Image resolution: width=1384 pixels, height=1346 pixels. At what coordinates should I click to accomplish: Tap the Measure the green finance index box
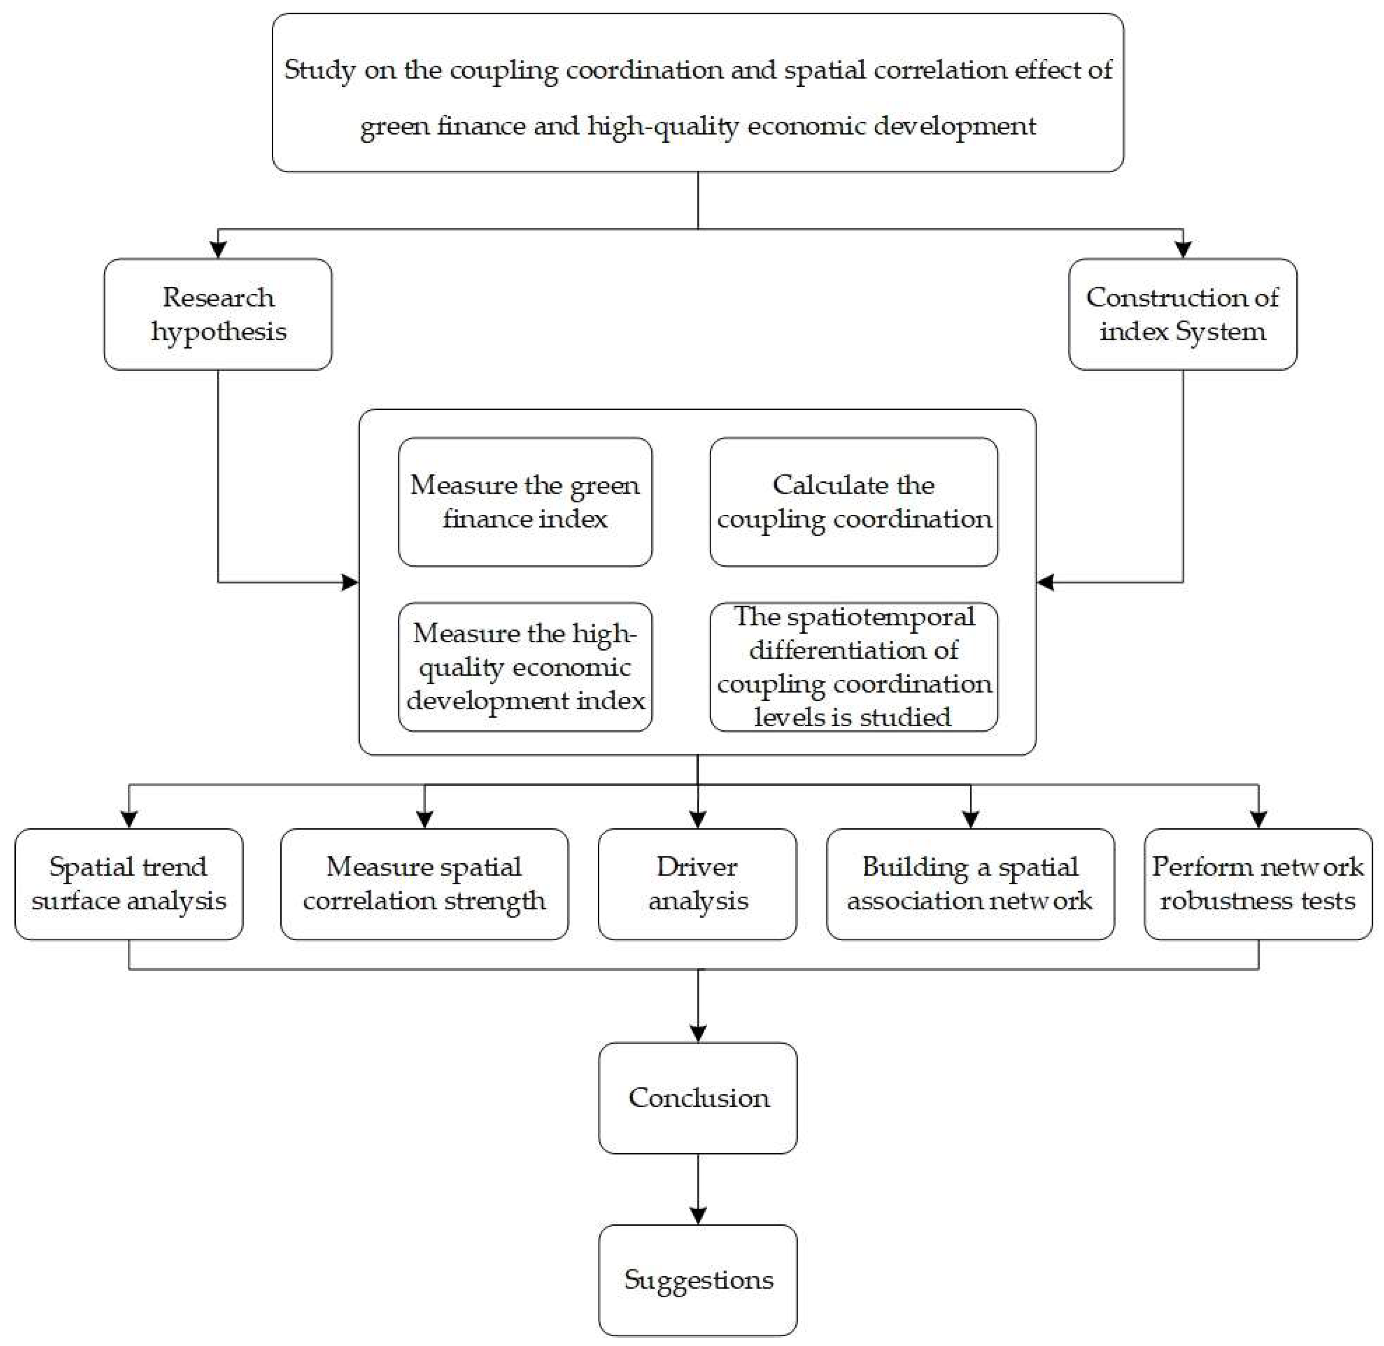tap(525, 502)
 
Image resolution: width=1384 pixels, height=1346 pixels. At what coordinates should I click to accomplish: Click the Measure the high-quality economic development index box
tap(525, 667)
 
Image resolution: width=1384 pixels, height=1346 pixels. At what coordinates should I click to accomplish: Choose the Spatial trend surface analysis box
tap(129, 884)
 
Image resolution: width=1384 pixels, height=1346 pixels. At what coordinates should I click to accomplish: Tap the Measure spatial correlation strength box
tap(424, 884)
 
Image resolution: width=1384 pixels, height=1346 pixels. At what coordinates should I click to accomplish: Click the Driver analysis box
tap(697, 884)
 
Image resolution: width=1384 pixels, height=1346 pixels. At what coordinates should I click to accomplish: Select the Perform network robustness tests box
tap(1257, 884)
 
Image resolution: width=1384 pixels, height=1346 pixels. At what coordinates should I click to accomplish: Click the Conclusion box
tap(697, 1098)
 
